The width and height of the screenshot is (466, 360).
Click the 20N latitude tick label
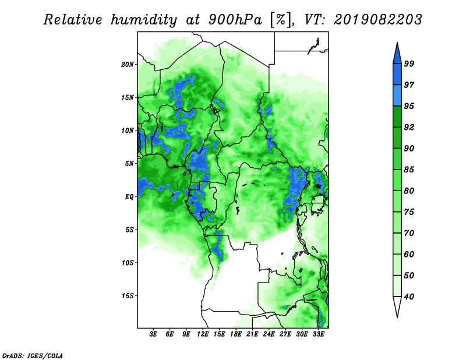click(x=128, y=65)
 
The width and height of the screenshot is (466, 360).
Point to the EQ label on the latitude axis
click(x=129, y=197)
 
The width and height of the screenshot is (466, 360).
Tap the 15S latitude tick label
click(x=128, y=296)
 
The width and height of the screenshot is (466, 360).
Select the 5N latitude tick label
click(x=129, y=164)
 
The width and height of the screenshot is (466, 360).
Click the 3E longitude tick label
click(x=153, y=334)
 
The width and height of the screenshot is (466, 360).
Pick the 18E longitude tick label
click(x=236, y=334)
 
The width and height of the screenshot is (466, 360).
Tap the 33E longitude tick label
click(x=318, y=334)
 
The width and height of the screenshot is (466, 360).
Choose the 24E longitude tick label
click(x=269, y=334)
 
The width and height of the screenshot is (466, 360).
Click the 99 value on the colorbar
click(x=409, y=63)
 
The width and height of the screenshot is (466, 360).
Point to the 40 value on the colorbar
click(x=409, y=297)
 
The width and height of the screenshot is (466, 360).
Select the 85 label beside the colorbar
click(x=409, y=170)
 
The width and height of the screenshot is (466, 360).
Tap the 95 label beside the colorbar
click(x=409, y=106)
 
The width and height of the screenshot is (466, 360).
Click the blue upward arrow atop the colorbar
click(x=397, y=55)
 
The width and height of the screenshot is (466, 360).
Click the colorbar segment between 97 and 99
click(x=397, y=75)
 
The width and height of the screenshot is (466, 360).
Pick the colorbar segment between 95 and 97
click(x=397, y=96)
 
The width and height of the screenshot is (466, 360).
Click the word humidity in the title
click(x=144, y=20)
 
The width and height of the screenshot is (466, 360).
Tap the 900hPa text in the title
click(x=235, y=20)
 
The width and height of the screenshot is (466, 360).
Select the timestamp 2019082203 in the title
click(x=378, y=20)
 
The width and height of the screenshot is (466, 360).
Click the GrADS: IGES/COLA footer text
click(x=33, y=356)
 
